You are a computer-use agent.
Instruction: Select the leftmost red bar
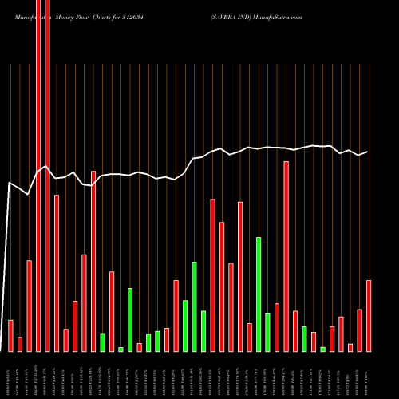[10, 335]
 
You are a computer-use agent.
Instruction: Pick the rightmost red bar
[369, 315]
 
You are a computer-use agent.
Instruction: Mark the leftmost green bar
[102, 342]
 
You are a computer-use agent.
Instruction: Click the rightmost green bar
[322, 349]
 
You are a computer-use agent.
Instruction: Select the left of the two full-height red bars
[38, 176]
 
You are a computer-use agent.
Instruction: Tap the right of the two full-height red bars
[47, 176]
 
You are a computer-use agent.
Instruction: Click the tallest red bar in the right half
[286, 256]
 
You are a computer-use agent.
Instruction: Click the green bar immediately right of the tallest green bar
[267, 332]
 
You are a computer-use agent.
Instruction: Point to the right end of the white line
[367, 152]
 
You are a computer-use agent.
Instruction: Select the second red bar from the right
[359, 330]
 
